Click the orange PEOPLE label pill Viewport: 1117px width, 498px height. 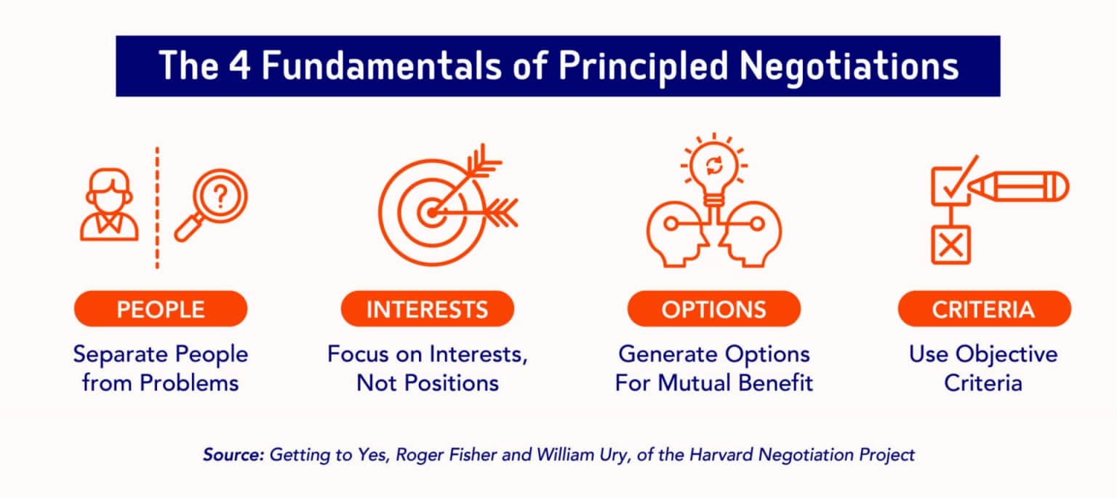[x=161, y=309]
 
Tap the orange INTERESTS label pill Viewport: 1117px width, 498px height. [x=427, y=309]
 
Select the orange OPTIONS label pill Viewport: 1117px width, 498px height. [x=713, y=309]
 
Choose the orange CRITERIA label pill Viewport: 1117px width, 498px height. [x=984, y=309]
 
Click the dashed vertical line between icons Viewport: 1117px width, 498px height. [x=157, y=207]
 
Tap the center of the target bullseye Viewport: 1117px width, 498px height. [x=431, y=213]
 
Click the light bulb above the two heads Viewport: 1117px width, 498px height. [x=714, y=170]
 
